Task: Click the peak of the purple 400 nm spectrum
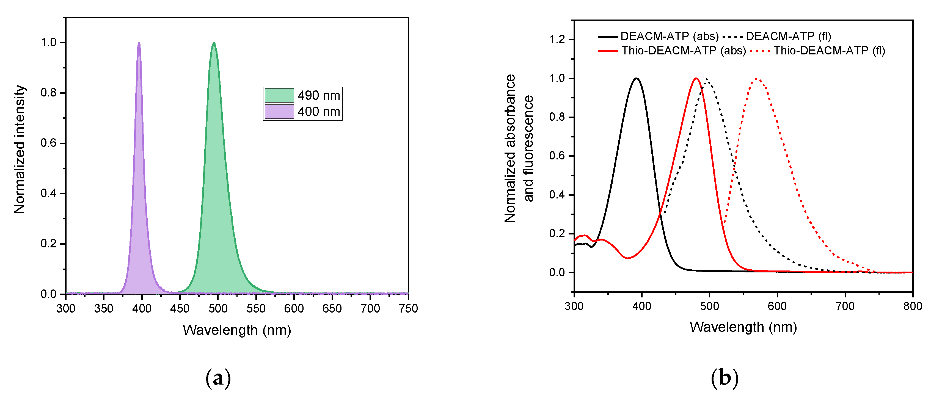coord(139,43)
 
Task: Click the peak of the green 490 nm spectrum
coord(214,43)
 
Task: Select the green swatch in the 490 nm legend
coord(279,95)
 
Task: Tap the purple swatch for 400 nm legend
coord(279,112)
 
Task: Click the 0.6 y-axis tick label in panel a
coord(48,143)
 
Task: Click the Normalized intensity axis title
coord(20,149)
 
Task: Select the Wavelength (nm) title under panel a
coord(237,330)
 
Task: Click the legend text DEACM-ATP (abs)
coord(669,36)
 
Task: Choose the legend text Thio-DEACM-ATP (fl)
coord(829,51)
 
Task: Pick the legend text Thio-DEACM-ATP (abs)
coord(684,51)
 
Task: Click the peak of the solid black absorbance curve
coord(637,78)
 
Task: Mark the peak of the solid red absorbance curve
coord(696,78)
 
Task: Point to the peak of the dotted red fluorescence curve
coord(756,79)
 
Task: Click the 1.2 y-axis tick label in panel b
coord(557,39)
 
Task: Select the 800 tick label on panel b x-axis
coord(912,306)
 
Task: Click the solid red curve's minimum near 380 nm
coord(628,258)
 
